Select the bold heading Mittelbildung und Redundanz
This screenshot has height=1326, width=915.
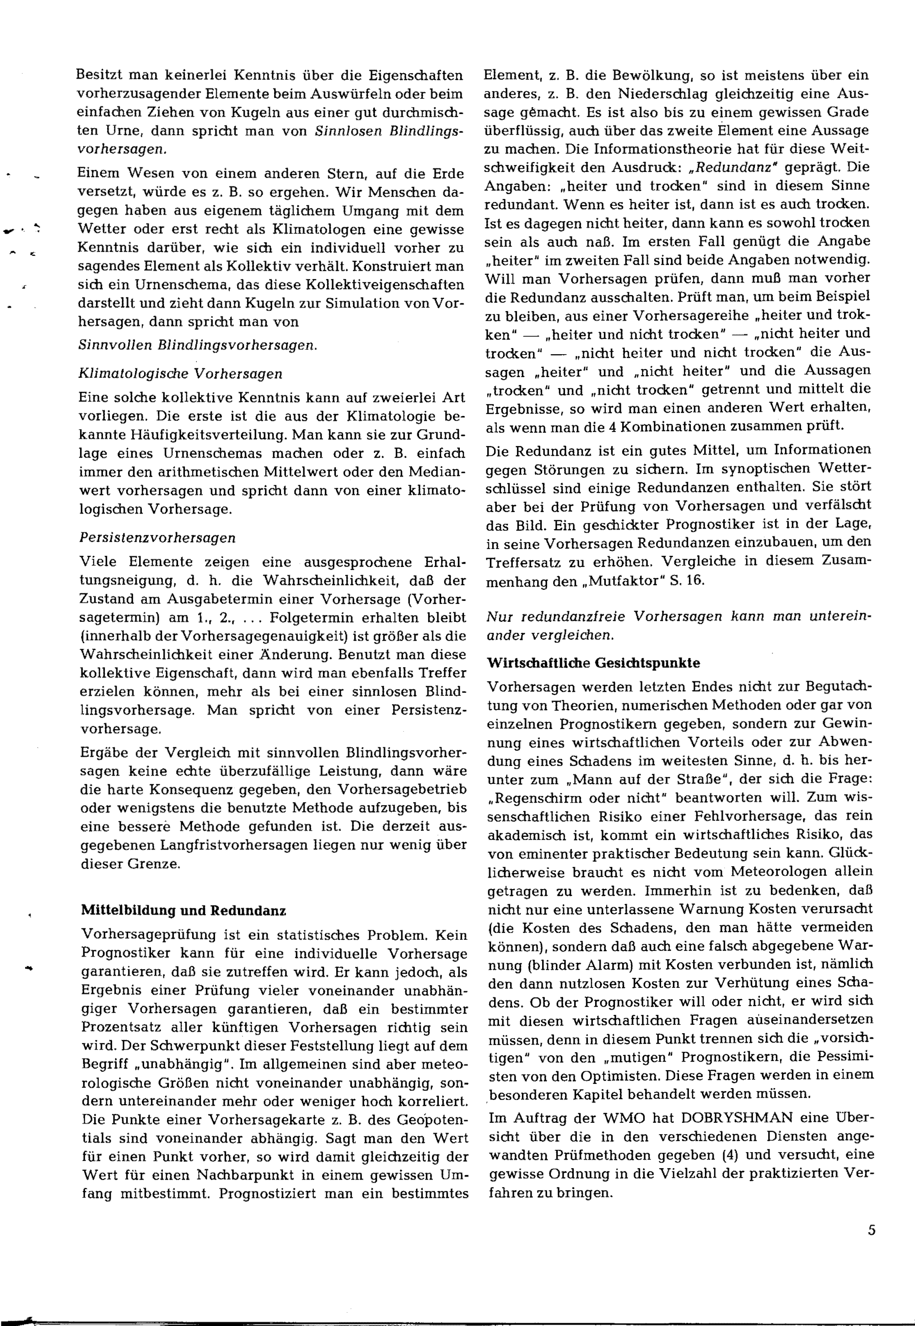tap(183, 911)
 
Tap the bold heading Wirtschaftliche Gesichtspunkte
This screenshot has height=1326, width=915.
tap(593, 663)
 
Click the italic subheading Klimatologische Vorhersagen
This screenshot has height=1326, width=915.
tap(180, 374)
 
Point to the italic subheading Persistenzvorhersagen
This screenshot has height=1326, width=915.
tap(157, 538)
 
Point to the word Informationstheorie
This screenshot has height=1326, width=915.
tap(654, 149)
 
